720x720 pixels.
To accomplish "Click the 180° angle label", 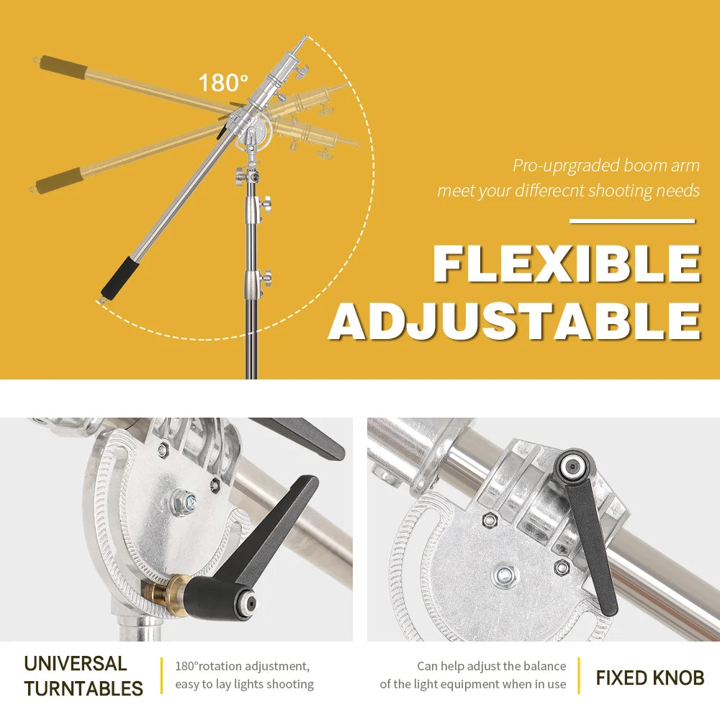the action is pos(223,83).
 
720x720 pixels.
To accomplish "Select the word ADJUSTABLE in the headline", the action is pos(515,320).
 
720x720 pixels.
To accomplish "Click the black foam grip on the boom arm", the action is pos(120,278).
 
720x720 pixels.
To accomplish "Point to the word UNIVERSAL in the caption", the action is pos(76,664).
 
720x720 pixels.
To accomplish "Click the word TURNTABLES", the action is pos(84,688).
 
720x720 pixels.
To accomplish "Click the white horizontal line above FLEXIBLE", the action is pos(632,221).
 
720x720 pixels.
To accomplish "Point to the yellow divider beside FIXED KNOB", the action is pos(579,675).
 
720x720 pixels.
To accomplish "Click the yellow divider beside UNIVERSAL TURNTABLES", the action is pos(161,675).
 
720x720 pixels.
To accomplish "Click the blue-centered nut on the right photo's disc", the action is pos(505,575).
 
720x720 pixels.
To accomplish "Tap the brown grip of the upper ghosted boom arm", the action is pos(63,66).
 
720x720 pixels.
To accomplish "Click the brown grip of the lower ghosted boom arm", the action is pos(60,181).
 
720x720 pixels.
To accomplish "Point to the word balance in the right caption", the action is pos(546,666).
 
